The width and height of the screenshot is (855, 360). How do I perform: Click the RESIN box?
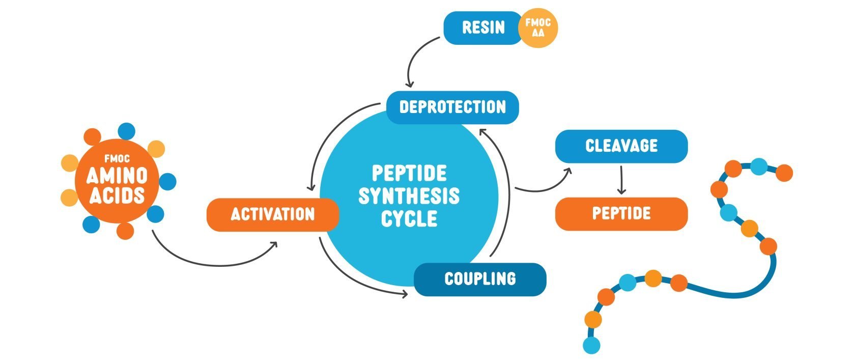482,27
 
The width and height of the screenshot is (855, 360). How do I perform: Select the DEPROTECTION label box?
452,107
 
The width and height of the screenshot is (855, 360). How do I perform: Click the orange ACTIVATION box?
272,214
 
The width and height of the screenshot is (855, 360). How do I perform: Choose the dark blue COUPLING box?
479,279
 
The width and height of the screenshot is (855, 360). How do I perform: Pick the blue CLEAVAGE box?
621,146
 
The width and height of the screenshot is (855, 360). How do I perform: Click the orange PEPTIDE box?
621,214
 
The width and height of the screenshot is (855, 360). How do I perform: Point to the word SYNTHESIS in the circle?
409,196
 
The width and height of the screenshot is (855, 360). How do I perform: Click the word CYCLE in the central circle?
409,219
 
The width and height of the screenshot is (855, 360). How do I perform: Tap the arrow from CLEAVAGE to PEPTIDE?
621,180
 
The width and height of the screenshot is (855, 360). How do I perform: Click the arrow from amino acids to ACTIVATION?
214,262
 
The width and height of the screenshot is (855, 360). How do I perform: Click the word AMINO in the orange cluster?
117,176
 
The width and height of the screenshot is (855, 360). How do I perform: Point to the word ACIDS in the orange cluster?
117,196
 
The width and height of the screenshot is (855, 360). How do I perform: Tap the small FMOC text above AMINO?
117,159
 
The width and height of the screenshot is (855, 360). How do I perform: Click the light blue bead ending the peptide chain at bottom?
591,345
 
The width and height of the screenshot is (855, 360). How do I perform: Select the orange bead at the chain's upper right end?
784,173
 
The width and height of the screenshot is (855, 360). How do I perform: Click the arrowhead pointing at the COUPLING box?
404,294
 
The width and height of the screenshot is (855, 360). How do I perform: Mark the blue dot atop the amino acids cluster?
126,131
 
